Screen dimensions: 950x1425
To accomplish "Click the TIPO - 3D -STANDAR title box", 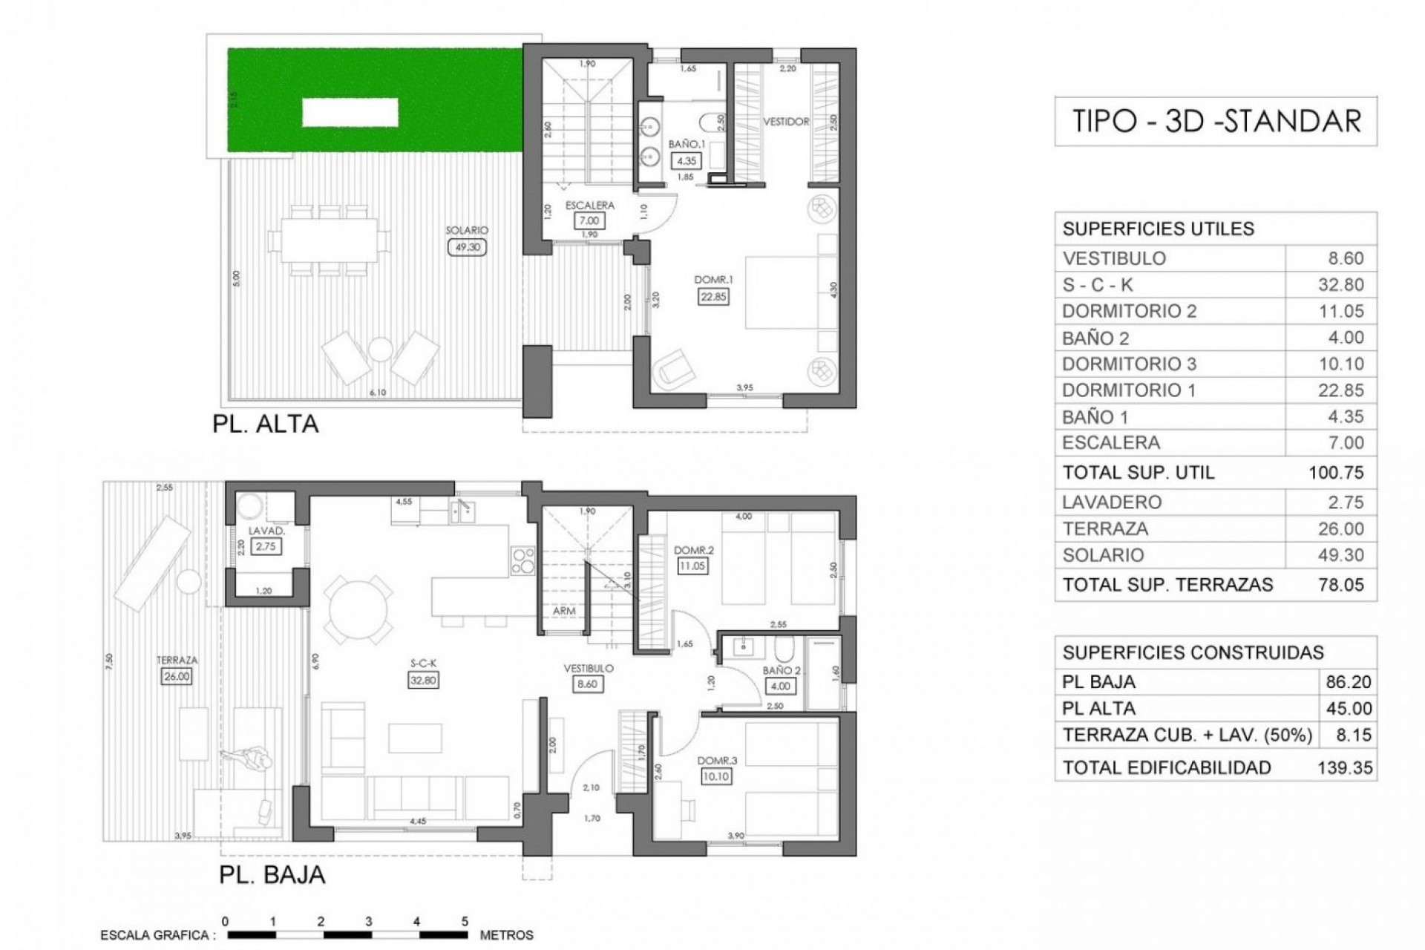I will pos(1216,121).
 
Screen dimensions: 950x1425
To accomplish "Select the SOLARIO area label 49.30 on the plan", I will pos(467,247).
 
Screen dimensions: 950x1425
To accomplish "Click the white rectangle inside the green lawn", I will pos(350,113).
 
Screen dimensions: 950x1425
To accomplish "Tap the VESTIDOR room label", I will pos(786,122).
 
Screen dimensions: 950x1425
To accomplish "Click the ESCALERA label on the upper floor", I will pos(590,206).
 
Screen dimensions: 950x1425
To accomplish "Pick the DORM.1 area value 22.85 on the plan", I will pos(713,297).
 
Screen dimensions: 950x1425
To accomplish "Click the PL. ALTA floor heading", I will pos(265,424).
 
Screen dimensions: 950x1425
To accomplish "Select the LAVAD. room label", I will pos(266,531).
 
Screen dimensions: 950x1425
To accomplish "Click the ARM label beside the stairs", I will pos(564,611).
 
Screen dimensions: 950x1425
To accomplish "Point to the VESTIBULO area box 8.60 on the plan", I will pos(587,684).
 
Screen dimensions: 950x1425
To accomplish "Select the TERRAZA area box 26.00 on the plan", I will pos(177,676).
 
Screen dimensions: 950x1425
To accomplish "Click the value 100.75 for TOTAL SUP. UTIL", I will pos(1336,473).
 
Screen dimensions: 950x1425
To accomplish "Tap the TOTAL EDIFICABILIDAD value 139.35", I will pos(1344,767).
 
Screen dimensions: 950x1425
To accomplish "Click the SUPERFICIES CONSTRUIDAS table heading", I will pos(1193,652).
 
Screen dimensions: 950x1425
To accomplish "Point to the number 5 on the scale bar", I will pos(465,921).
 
